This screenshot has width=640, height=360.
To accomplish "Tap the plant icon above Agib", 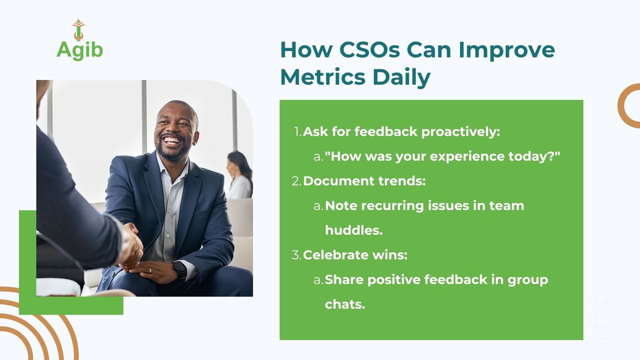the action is pos(78,30).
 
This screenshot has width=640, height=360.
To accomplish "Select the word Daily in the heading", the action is pos(402,78).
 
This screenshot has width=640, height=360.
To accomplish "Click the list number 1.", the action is pos(298,132).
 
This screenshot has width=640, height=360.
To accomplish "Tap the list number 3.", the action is pos(296,255).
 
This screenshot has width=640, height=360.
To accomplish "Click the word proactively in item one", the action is pos(460,132).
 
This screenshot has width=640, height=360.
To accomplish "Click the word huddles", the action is pos(354,230).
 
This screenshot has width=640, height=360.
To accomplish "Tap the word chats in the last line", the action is pos(345,304).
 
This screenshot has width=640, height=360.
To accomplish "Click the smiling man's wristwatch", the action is pos(180,270).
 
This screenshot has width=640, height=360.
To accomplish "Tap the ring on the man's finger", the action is pos(150,270).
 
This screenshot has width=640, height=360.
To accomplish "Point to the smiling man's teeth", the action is pos(172,140).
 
